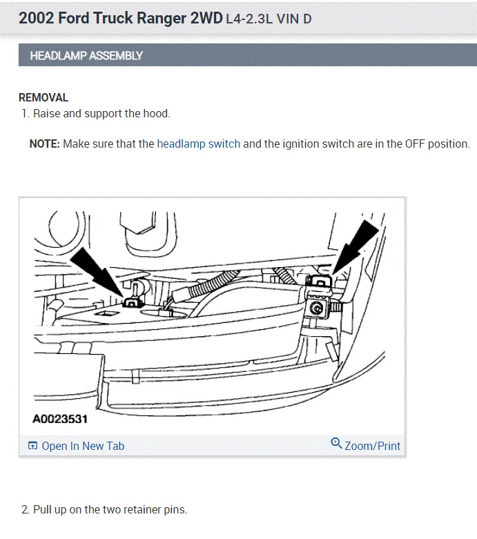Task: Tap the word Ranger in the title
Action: click(x=162, y=18)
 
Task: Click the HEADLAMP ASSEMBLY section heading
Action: click(x=86, y=55)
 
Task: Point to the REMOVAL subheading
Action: click(x=43, y=98)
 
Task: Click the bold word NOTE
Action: click(x=44, y=144)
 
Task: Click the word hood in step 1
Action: click(x=155, y=113)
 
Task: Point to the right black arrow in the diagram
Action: click(x=355, y=246)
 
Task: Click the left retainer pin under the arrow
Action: click(x=130, y=300)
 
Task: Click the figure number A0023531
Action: click(x=60, y=418)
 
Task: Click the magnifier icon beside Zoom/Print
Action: click(x=337, y=444)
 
